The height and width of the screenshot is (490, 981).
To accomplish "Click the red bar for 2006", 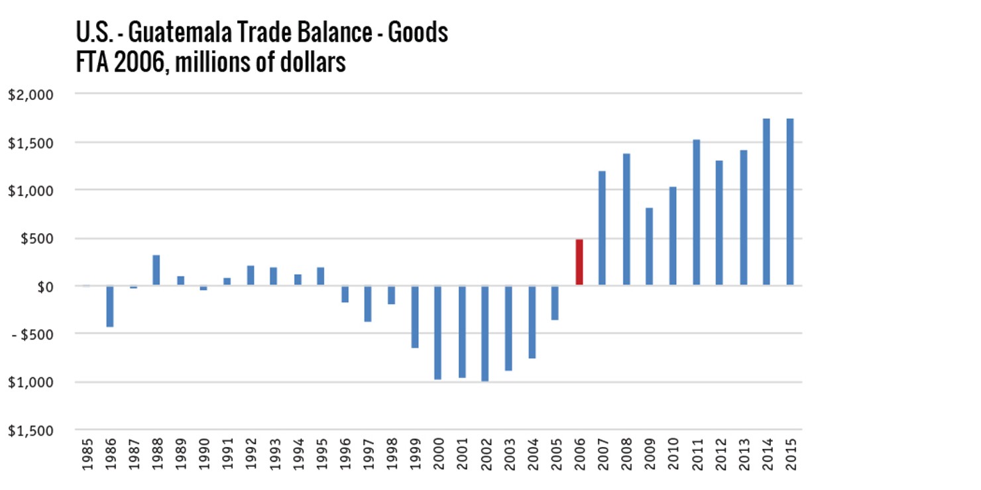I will click(x=579, y=262).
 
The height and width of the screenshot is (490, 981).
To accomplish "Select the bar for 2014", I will click(x=766, y=202).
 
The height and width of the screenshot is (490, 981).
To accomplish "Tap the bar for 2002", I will click(x=485, y=333).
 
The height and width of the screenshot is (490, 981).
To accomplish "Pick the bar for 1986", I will click(x=110, y=306).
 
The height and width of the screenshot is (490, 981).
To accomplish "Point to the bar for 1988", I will click(x=156, y=270).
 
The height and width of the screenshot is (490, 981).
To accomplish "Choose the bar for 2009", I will click(x=649, y=246).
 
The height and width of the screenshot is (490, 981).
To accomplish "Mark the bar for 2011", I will click(x=696, y=213).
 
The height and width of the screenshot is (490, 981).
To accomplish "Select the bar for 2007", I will click(x=602, y=228).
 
